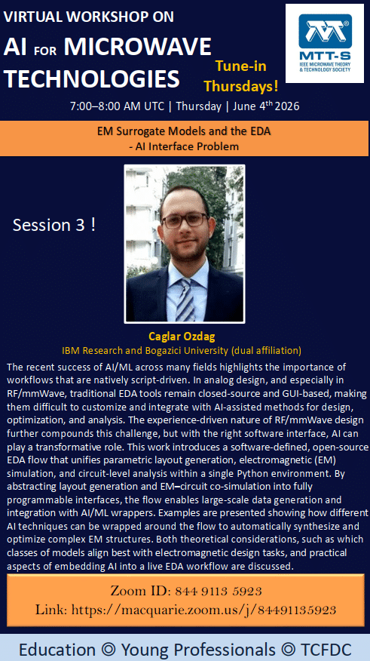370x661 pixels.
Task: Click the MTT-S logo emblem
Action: pos(326,31)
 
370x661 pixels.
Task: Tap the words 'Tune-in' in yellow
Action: pos(241,66)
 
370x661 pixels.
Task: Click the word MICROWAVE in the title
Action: pos(138,46)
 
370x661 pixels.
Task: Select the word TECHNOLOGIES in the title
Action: pos(92,78)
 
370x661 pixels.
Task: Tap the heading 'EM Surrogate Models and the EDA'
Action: pos(184,131)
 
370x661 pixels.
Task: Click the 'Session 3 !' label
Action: pos(54,225)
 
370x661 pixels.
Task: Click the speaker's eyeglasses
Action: pos(185,220)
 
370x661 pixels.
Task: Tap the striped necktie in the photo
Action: pos(185,300)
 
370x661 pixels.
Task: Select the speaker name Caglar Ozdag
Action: pos(182,337)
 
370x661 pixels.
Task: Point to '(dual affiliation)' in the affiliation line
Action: pos(267,350)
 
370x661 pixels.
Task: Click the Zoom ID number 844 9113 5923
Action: pos(218,591)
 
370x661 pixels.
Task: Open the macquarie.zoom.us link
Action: pos(203,610)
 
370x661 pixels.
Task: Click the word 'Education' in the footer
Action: pos(57,649)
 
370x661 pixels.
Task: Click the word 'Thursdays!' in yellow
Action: pos(241,86)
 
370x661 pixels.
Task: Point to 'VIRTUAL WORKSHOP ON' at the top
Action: pos(88,17)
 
